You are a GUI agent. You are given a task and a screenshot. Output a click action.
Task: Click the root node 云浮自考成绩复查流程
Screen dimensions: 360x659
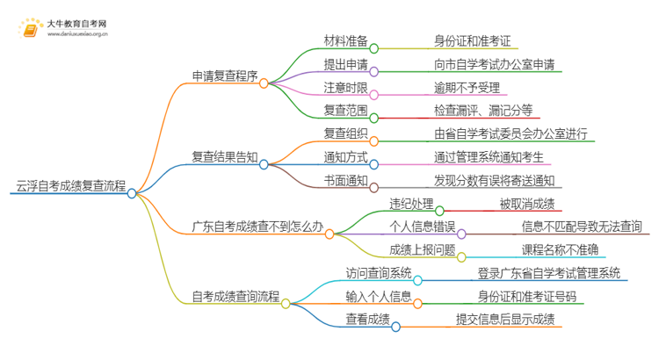(70, 187)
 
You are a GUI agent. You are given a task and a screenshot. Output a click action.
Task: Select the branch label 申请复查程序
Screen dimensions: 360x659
(223, 76)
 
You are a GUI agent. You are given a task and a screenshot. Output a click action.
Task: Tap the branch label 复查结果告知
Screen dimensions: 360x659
(223, 157)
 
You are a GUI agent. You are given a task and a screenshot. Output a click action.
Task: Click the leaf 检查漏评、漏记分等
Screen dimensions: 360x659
(483, 111)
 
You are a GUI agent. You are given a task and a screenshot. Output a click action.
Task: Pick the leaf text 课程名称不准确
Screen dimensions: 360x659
(560, 249)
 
